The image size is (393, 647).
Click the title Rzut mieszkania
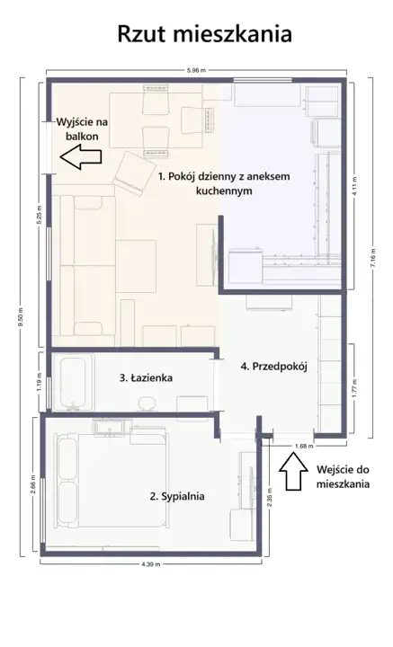(x=205, y=34)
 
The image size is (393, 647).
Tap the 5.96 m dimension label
(x=196, y=70)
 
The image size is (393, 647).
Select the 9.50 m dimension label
(x=20, y=317)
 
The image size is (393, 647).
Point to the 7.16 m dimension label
(x=373, y=258)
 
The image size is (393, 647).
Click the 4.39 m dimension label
(x=151, y=564)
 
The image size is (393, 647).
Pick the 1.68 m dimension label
(x=304, y=446)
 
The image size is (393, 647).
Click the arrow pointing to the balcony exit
(x=81, y=157)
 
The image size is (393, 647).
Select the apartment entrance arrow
(x=293, y=471)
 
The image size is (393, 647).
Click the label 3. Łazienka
(x=146, y=377)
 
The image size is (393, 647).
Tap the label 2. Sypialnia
(x=176, y=496)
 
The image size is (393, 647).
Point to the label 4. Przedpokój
(x=273, y=367)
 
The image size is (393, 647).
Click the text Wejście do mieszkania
(x=343, y=476)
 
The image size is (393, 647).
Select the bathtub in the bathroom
(x=73, y=382)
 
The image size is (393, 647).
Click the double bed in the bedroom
(x=111, y=481)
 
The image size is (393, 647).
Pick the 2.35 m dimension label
(x=270, y=501)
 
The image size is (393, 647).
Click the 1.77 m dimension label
(x=355, y=388)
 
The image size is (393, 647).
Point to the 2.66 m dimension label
(x=33, y=484)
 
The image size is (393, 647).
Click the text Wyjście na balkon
(x=82, y=129)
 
